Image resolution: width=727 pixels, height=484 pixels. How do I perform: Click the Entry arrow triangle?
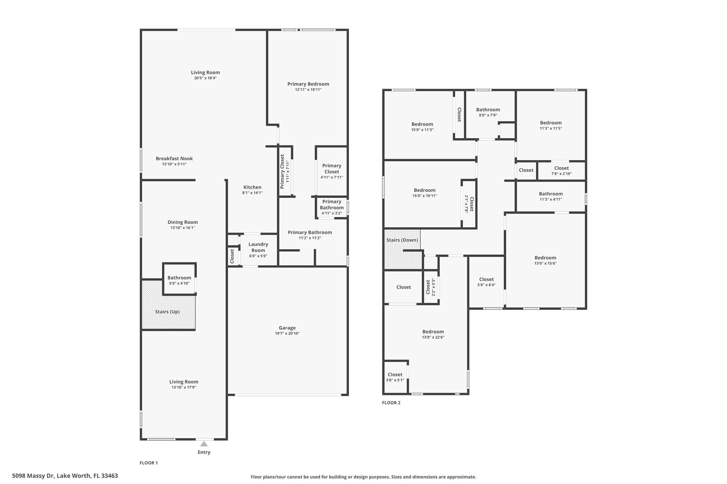204,444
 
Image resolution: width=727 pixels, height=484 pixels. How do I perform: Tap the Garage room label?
287,328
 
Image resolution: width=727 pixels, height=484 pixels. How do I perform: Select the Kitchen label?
252,187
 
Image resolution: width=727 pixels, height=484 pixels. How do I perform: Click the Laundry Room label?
258,247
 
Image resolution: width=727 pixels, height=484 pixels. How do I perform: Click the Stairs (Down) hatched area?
402,249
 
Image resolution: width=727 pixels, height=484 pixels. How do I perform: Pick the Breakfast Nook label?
174,158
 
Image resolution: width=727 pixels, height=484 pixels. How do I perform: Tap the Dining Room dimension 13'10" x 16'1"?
182,228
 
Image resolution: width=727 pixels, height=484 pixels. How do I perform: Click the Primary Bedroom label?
308,84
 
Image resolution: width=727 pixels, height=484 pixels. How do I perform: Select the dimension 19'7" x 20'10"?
287,333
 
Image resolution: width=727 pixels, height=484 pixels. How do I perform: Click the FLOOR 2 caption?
391,402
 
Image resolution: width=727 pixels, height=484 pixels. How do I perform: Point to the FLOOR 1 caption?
149,463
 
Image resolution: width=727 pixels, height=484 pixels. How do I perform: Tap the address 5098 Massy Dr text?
33,476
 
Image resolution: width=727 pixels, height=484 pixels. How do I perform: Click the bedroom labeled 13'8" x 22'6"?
433,334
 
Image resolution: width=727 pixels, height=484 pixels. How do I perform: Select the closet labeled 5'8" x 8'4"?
486,282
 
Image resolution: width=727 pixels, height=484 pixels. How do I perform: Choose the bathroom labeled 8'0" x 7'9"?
488,112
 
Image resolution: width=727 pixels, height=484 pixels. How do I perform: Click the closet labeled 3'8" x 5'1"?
395,377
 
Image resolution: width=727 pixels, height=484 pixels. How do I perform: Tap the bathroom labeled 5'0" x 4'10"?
179,280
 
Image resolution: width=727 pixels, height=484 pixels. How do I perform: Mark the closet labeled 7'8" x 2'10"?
561,171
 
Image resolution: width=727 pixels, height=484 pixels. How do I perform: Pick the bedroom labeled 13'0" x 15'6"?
545,260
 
